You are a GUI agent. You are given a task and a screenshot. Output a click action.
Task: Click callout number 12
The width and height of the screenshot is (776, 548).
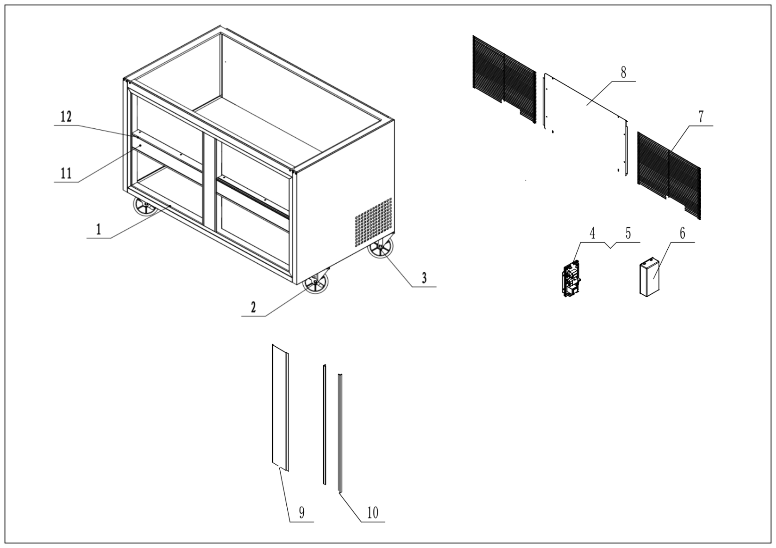(66, 117)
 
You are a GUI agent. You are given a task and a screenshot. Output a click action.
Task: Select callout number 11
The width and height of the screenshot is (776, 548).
(66, 173)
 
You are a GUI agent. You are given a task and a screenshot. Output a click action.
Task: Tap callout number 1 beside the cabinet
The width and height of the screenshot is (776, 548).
(98, 230)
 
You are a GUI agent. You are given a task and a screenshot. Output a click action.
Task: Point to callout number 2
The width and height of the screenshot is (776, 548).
(253, 307)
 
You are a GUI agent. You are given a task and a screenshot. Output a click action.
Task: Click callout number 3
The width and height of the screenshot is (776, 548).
(424, 278)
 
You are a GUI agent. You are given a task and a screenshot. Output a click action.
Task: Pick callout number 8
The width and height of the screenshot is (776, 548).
(623, 72)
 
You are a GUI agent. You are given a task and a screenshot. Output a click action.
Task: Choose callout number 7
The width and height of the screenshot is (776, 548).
(701, 117)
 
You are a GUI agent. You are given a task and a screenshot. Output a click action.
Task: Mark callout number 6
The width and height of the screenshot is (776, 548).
(682, 233)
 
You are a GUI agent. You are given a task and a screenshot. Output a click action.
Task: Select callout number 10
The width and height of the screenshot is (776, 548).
(372, 513)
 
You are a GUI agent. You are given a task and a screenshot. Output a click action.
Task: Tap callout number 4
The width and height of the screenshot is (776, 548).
(592, 233)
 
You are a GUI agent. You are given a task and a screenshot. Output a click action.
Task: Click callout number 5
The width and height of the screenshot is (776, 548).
(628, 233)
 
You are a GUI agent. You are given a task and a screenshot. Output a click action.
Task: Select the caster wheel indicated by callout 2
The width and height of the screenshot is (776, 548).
(315, 283)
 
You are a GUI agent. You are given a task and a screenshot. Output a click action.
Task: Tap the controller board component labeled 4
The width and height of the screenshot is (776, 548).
(571, 279)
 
